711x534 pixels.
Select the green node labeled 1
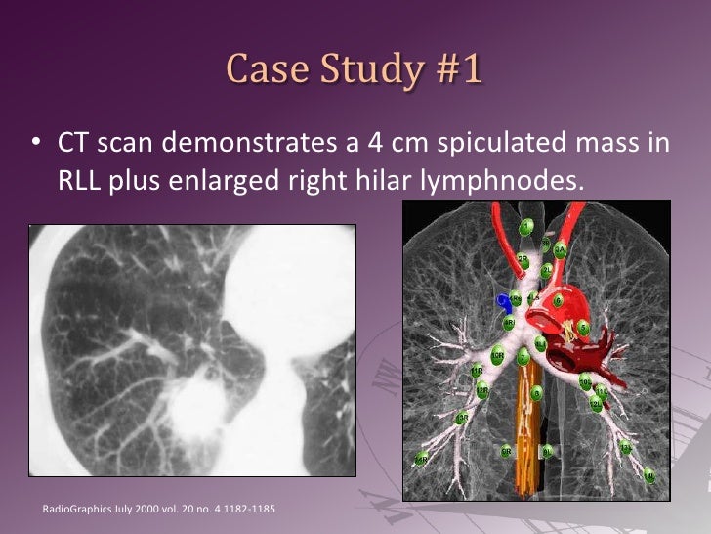click(526, 227)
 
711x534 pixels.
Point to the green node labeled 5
click(583, 327)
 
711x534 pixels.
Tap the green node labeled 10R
click(498, 354)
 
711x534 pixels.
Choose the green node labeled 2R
click(523, 259)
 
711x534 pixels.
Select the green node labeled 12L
click(595, 401)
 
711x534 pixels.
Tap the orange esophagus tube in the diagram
click(532, 430)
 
